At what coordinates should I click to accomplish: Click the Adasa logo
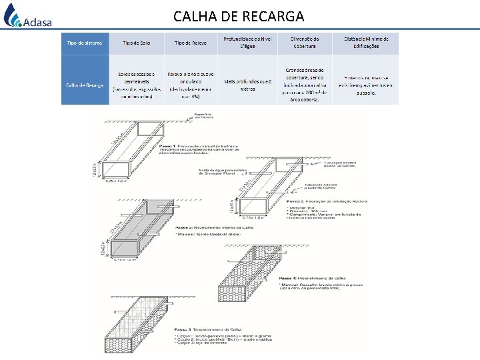point(28,16)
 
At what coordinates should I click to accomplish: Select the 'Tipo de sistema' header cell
point(85,43)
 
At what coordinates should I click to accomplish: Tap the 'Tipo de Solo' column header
point(136,43)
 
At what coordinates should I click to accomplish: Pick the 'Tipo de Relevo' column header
point(190,43)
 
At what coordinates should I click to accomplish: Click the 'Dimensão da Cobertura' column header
point(304,43)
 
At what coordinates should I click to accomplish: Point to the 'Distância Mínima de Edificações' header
point(366,43)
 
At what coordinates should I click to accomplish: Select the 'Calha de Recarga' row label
point(85,85)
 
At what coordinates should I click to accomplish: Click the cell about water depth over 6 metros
point(248,85)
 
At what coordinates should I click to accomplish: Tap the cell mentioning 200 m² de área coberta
point(304,85)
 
